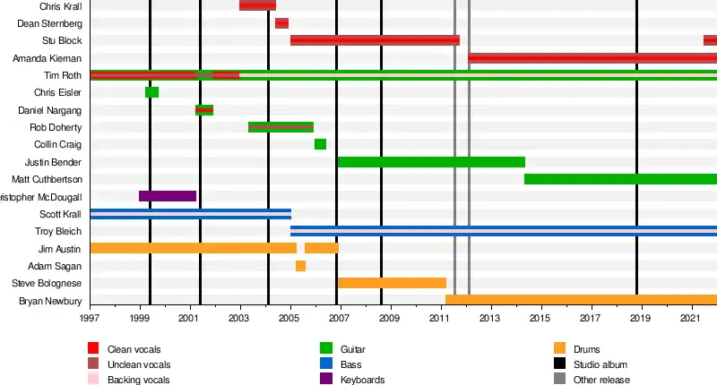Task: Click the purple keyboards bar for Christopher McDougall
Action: [167, 196]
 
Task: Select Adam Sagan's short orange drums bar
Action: [300, 266]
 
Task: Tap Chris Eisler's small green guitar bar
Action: [151, 92]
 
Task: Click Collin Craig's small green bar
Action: [320, 144]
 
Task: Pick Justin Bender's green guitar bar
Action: [430, 162]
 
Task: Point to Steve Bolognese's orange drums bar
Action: [392, 283]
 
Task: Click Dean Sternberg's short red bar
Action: [281, 23]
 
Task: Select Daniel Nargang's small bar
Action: [204, 110]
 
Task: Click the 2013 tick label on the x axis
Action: [488, 318]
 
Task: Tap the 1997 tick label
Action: [91, 318]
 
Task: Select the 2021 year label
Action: [690, 318]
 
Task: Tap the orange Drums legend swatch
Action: [559, 349]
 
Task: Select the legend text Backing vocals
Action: [139, 380]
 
